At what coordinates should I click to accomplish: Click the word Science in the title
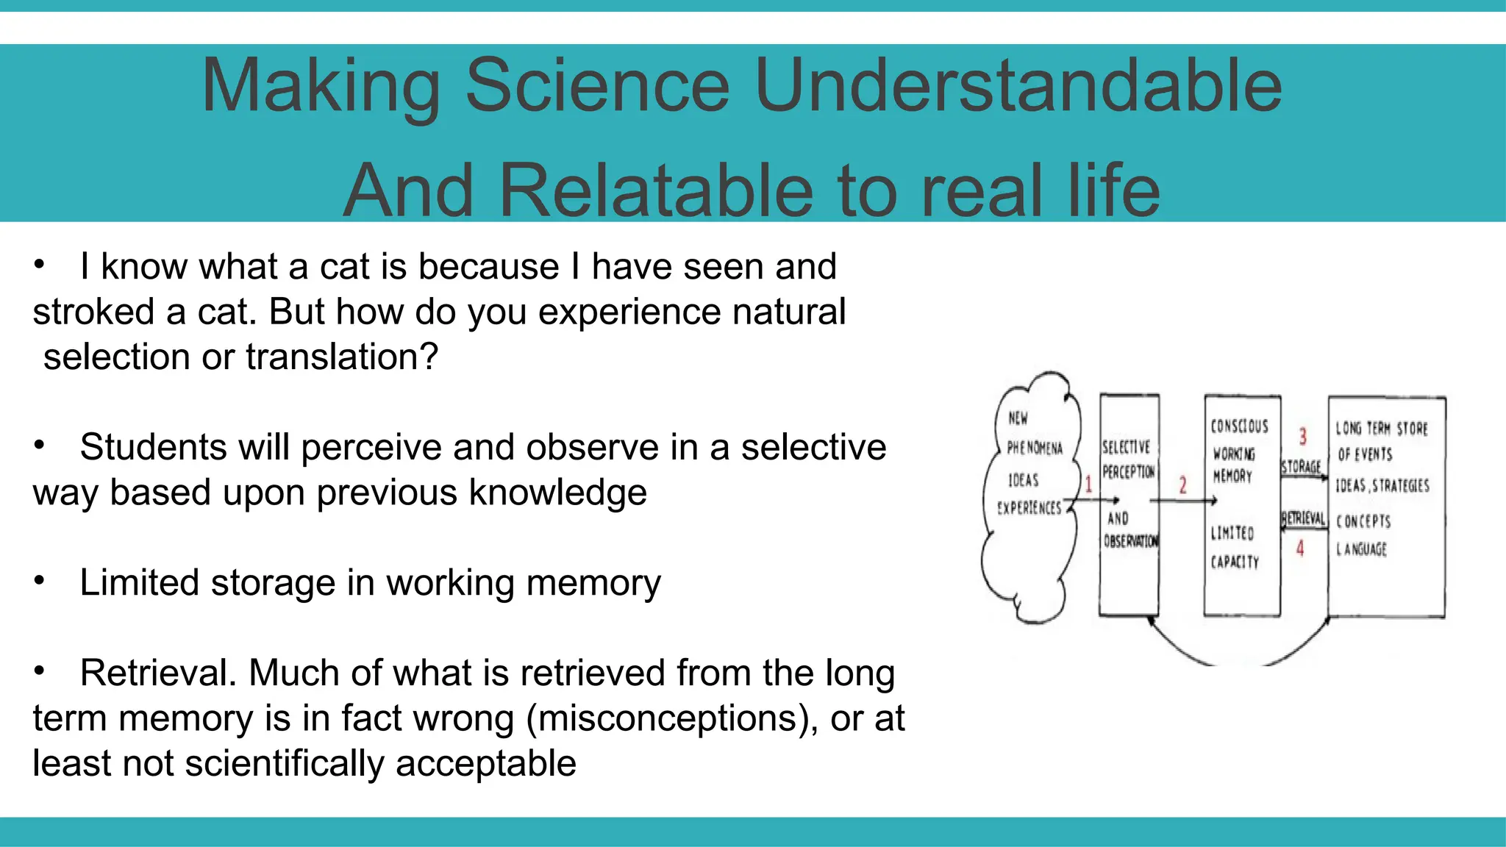(597, 86)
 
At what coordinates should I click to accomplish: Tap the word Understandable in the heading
(1018, 86)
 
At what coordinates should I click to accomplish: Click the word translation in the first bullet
(341, 357)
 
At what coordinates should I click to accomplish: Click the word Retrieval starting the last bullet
(157, 673)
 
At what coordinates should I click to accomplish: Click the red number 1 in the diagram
(1088, 484)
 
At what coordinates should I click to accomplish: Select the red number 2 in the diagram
(1182, 485)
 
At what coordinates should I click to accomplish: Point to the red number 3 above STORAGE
(1302, 437)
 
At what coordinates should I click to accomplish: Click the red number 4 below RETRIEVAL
(1300, 548)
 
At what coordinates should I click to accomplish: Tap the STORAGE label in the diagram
(1301, 467)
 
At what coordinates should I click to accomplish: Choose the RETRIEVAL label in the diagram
(1303, 518)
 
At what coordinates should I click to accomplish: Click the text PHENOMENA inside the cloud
(1034, 448)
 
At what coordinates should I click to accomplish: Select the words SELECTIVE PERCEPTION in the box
(1128, 460)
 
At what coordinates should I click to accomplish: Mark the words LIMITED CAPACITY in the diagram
(1234, 547)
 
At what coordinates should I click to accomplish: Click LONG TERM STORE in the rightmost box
(1381, 429)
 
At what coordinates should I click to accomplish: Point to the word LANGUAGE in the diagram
(1361, 549)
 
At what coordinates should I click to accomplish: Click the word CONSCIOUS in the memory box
(1239, 426)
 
